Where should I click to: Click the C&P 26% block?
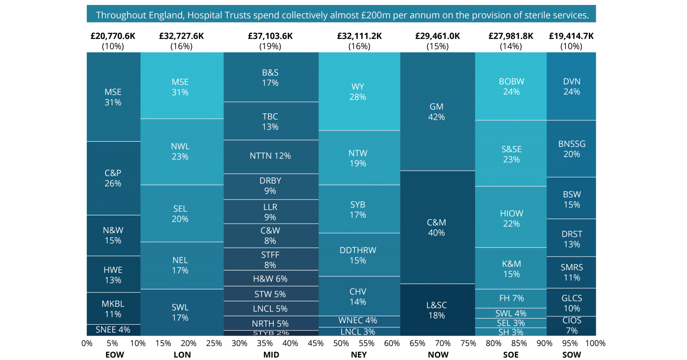pyautogui.click(x=113, y=178)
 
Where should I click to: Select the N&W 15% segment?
pyautogui.click(x=113, y=235)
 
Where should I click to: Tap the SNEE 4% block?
pyautogui.click(x=113, y=330)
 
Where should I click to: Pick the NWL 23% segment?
pyautogui.click(x=180, y=152)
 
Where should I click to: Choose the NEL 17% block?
pyautogui.click(x=180, y=265)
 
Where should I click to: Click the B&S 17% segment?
pyautogui.click(x=270, y=77)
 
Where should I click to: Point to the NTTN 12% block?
pyautogui.click(x=270, y=156)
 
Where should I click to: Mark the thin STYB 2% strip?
pyautogui.click(x=270, y=333)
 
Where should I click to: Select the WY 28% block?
pyautogui.click(x=358, y=92)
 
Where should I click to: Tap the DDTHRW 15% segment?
pyautogui.click(x=358, y=255)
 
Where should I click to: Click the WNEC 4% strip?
pyautogui.click(x=358, y=321)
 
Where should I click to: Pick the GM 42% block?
pyautogui.click(x=437, y=112)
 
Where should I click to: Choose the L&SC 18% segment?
pyautogui.click(x=437, y=310)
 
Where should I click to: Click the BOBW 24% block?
pyautogui.click(x=511, y=86)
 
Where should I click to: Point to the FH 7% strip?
pyautogui.click(x=511, y=298)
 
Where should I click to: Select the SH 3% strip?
pyautogui.click(x=511, y=332)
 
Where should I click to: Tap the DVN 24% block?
pyautogui.click(x=572, y=86)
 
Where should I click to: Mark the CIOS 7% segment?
pyautogui.click(x=572, y=326)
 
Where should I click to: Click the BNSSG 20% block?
pyautogui.click(x=572, y=149)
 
